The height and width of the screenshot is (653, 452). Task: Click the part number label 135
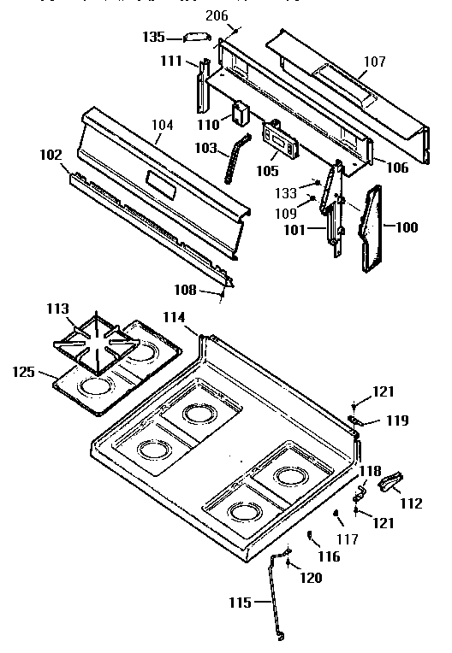(153, 37)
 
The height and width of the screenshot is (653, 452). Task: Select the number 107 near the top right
(374, 62)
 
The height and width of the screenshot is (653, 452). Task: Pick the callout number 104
(163, 125)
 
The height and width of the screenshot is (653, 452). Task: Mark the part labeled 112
(390, 484)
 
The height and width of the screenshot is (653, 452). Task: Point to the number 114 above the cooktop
(175, 316)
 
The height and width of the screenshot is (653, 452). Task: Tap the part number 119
(396, 421)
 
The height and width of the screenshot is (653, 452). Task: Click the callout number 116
(330, 556)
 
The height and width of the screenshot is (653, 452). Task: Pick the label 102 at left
(51, 156)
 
